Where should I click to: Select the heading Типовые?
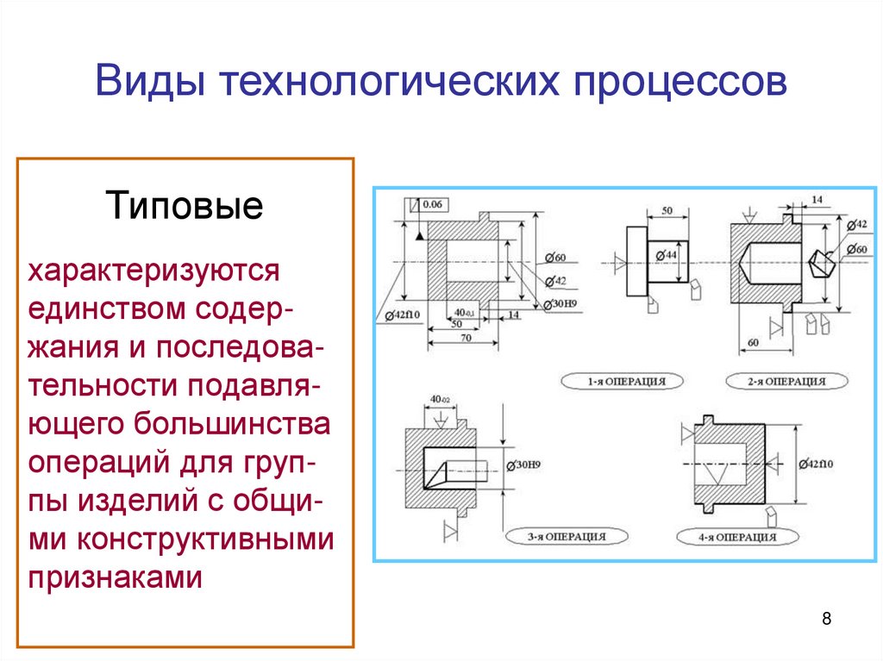click(184, 208)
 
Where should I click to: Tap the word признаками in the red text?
click(116, 576)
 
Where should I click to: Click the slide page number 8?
click(827, 619)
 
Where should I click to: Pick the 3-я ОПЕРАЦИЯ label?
click(567, 536)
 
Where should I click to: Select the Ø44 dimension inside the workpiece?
click(665, 254)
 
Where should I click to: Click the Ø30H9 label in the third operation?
click(524, 465)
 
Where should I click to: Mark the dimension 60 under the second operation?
click(753, 343)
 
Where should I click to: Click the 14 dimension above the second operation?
click(816, 200)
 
